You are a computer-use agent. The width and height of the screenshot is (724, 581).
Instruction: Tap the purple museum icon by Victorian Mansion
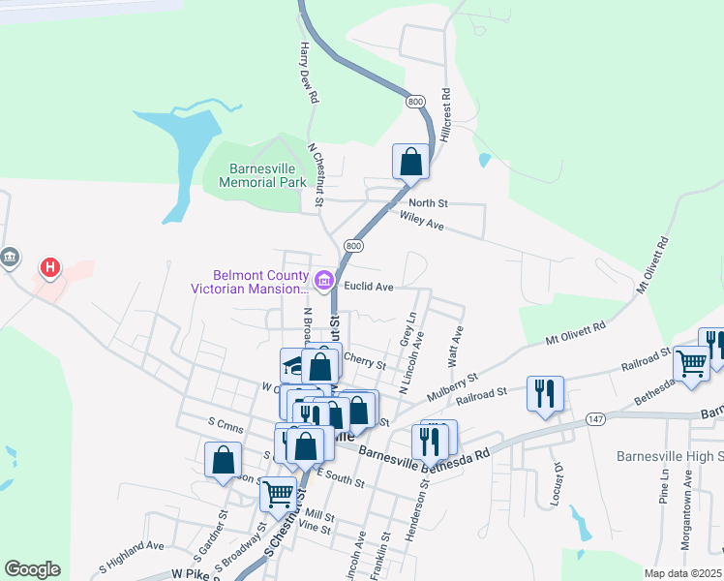point(323,282)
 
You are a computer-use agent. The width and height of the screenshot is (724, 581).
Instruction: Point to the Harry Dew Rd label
point(310,73)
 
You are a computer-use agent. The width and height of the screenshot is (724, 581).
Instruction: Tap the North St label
point(428,203)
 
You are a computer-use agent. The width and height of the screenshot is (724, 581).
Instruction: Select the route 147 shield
point(595,418)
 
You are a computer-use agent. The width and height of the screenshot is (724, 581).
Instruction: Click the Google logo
point(32,569)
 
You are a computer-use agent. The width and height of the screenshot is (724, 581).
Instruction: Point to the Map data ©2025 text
point(683,573)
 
